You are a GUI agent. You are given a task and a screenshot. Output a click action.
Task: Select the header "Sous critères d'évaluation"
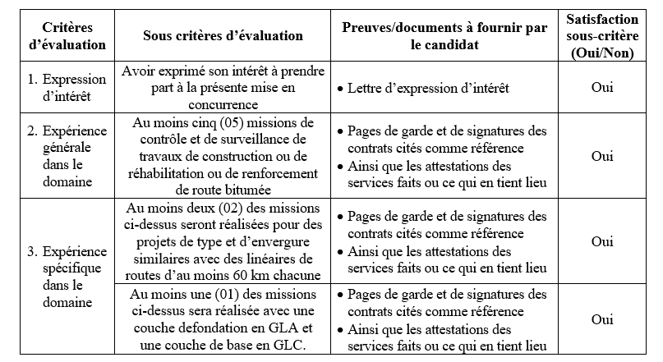(223, 36)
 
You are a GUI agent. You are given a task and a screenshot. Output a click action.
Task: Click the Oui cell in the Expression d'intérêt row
(602, 87)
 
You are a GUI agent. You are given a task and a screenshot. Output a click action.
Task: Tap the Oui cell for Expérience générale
(602, 156)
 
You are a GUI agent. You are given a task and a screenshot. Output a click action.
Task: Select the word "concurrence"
(223, 104)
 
